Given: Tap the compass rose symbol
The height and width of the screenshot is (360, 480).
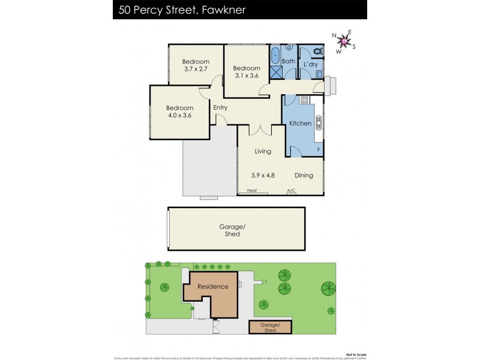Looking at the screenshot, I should pos(344,41).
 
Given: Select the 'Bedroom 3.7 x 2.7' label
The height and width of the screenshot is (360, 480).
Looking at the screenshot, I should pos(196,65).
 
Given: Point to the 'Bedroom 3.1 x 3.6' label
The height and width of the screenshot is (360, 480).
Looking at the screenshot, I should pos(246,72).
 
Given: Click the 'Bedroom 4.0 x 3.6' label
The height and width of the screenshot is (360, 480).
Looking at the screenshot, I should pos(179,112).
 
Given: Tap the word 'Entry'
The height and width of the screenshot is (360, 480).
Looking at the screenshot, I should pos(220,108).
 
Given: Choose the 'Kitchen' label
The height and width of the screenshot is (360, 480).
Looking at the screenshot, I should pos(301,124).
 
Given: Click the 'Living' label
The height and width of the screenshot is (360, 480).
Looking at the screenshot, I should pos(263,151).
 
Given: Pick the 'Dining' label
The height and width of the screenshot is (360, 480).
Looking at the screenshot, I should pos(304,176).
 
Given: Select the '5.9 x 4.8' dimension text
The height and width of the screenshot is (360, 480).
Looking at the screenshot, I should pos(263,176).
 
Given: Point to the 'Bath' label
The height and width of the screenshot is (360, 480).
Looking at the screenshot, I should pos(289,61).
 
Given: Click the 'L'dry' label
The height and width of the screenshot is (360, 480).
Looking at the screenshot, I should pos(310,64).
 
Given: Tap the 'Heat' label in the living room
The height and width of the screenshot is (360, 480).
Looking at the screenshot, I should pos(251,191).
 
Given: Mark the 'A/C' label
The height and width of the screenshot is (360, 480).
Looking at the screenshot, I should pos(291,191).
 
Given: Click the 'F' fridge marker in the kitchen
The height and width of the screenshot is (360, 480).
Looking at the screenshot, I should pos(318,149).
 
